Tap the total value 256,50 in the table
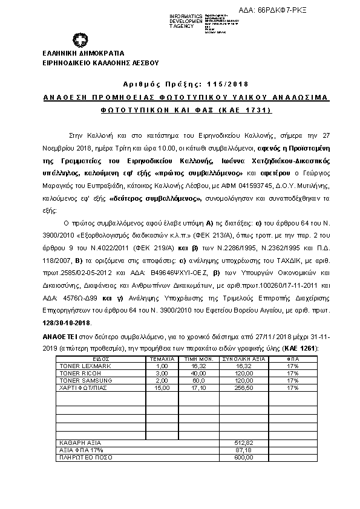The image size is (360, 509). (x=245, y=388)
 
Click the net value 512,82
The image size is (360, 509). (x=245, y=444)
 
